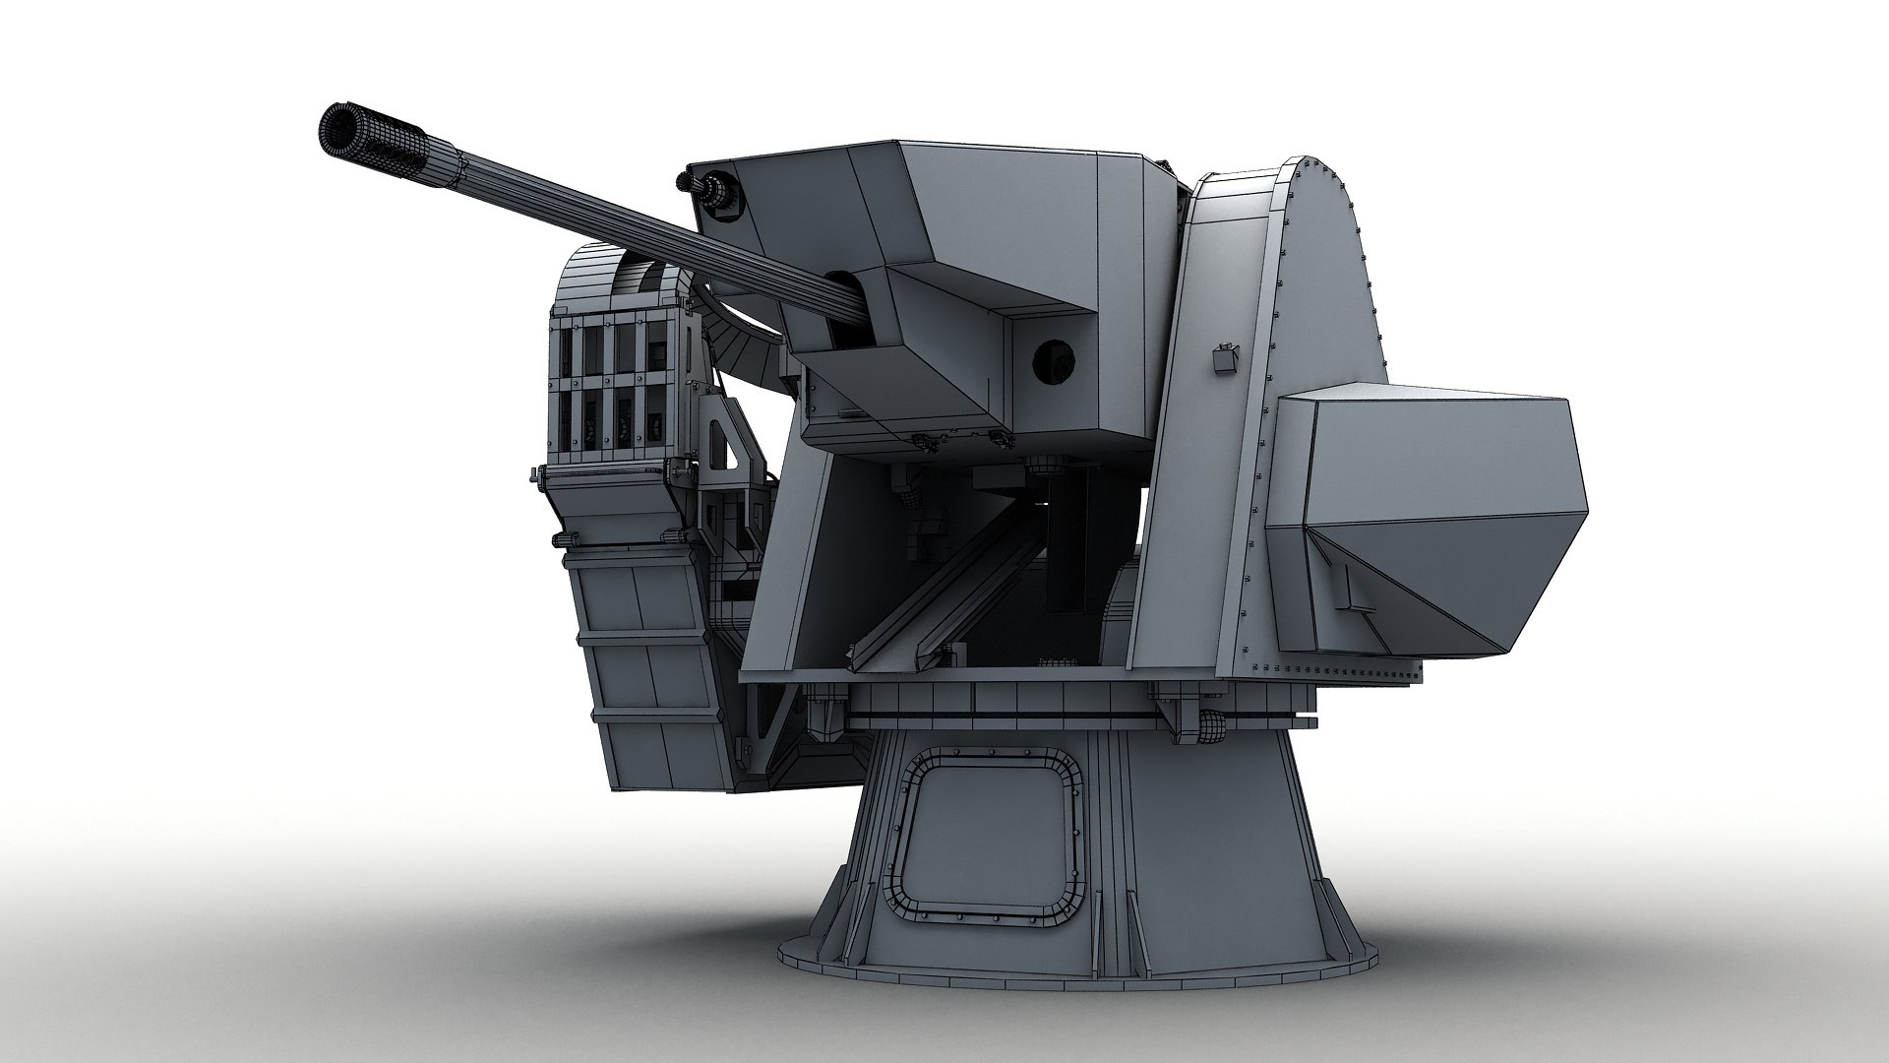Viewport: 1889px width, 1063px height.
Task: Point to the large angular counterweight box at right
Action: coord(1427,522)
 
